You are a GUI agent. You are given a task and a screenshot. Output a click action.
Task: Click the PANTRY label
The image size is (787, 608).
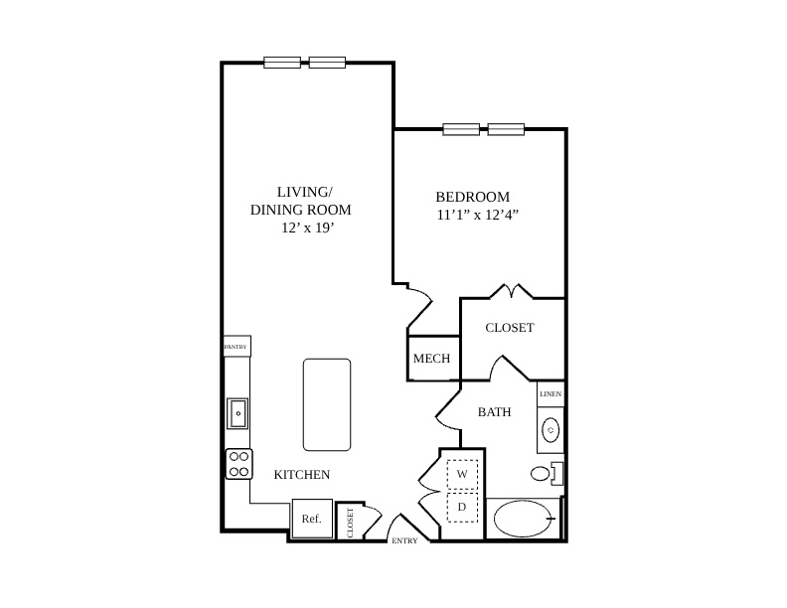click(x=236, y=347)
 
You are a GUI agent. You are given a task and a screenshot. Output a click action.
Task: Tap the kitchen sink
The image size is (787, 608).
click(x=237, y=413)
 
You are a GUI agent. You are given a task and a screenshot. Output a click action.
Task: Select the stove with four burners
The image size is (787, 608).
click(x=238, y=464)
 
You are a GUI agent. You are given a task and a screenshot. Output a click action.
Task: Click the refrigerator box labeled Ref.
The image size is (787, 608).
click(x=312, y=519)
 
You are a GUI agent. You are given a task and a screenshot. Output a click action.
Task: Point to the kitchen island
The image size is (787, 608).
click(x=327, y=404)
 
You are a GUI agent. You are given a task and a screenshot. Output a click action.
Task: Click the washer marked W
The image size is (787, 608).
click(x=462, y=474)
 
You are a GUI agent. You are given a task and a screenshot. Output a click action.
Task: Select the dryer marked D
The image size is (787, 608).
click(x=462, y=507)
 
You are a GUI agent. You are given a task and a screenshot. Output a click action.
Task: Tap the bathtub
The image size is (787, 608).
click(x=523, y=519)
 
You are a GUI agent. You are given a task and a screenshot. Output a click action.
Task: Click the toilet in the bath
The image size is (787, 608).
click(x=547, y=473)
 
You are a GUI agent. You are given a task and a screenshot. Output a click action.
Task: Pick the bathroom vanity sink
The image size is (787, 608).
click(x=551, y=430)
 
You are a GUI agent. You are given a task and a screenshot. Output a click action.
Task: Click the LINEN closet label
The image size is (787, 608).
click(x=551, y=393)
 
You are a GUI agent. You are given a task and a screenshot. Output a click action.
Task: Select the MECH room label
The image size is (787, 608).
click(x=431, y=359)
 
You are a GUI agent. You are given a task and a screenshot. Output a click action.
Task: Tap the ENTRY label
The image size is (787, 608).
click(x=404, y=540)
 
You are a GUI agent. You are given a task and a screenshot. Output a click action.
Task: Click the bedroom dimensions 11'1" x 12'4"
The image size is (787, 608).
click(x=477, y=215)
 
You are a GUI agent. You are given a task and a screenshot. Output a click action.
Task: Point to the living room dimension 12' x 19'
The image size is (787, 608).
click(x=308, y=228)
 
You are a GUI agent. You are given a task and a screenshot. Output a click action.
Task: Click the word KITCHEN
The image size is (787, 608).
click(x=302, y=474)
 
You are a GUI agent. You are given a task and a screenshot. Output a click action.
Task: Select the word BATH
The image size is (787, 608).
click(x=495, y=412)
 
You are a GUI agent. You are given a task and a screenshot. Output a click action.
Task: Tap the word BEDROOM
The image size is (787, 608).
click(x=472, y=197)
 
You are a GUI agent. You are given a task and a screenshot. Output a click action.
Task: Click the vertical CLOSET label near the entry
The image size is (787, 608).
click(x=351, y=523)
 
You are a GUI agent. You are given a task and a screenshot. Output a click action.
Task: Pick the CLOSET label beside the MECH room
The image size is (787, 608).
click(x=510, y=328)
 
